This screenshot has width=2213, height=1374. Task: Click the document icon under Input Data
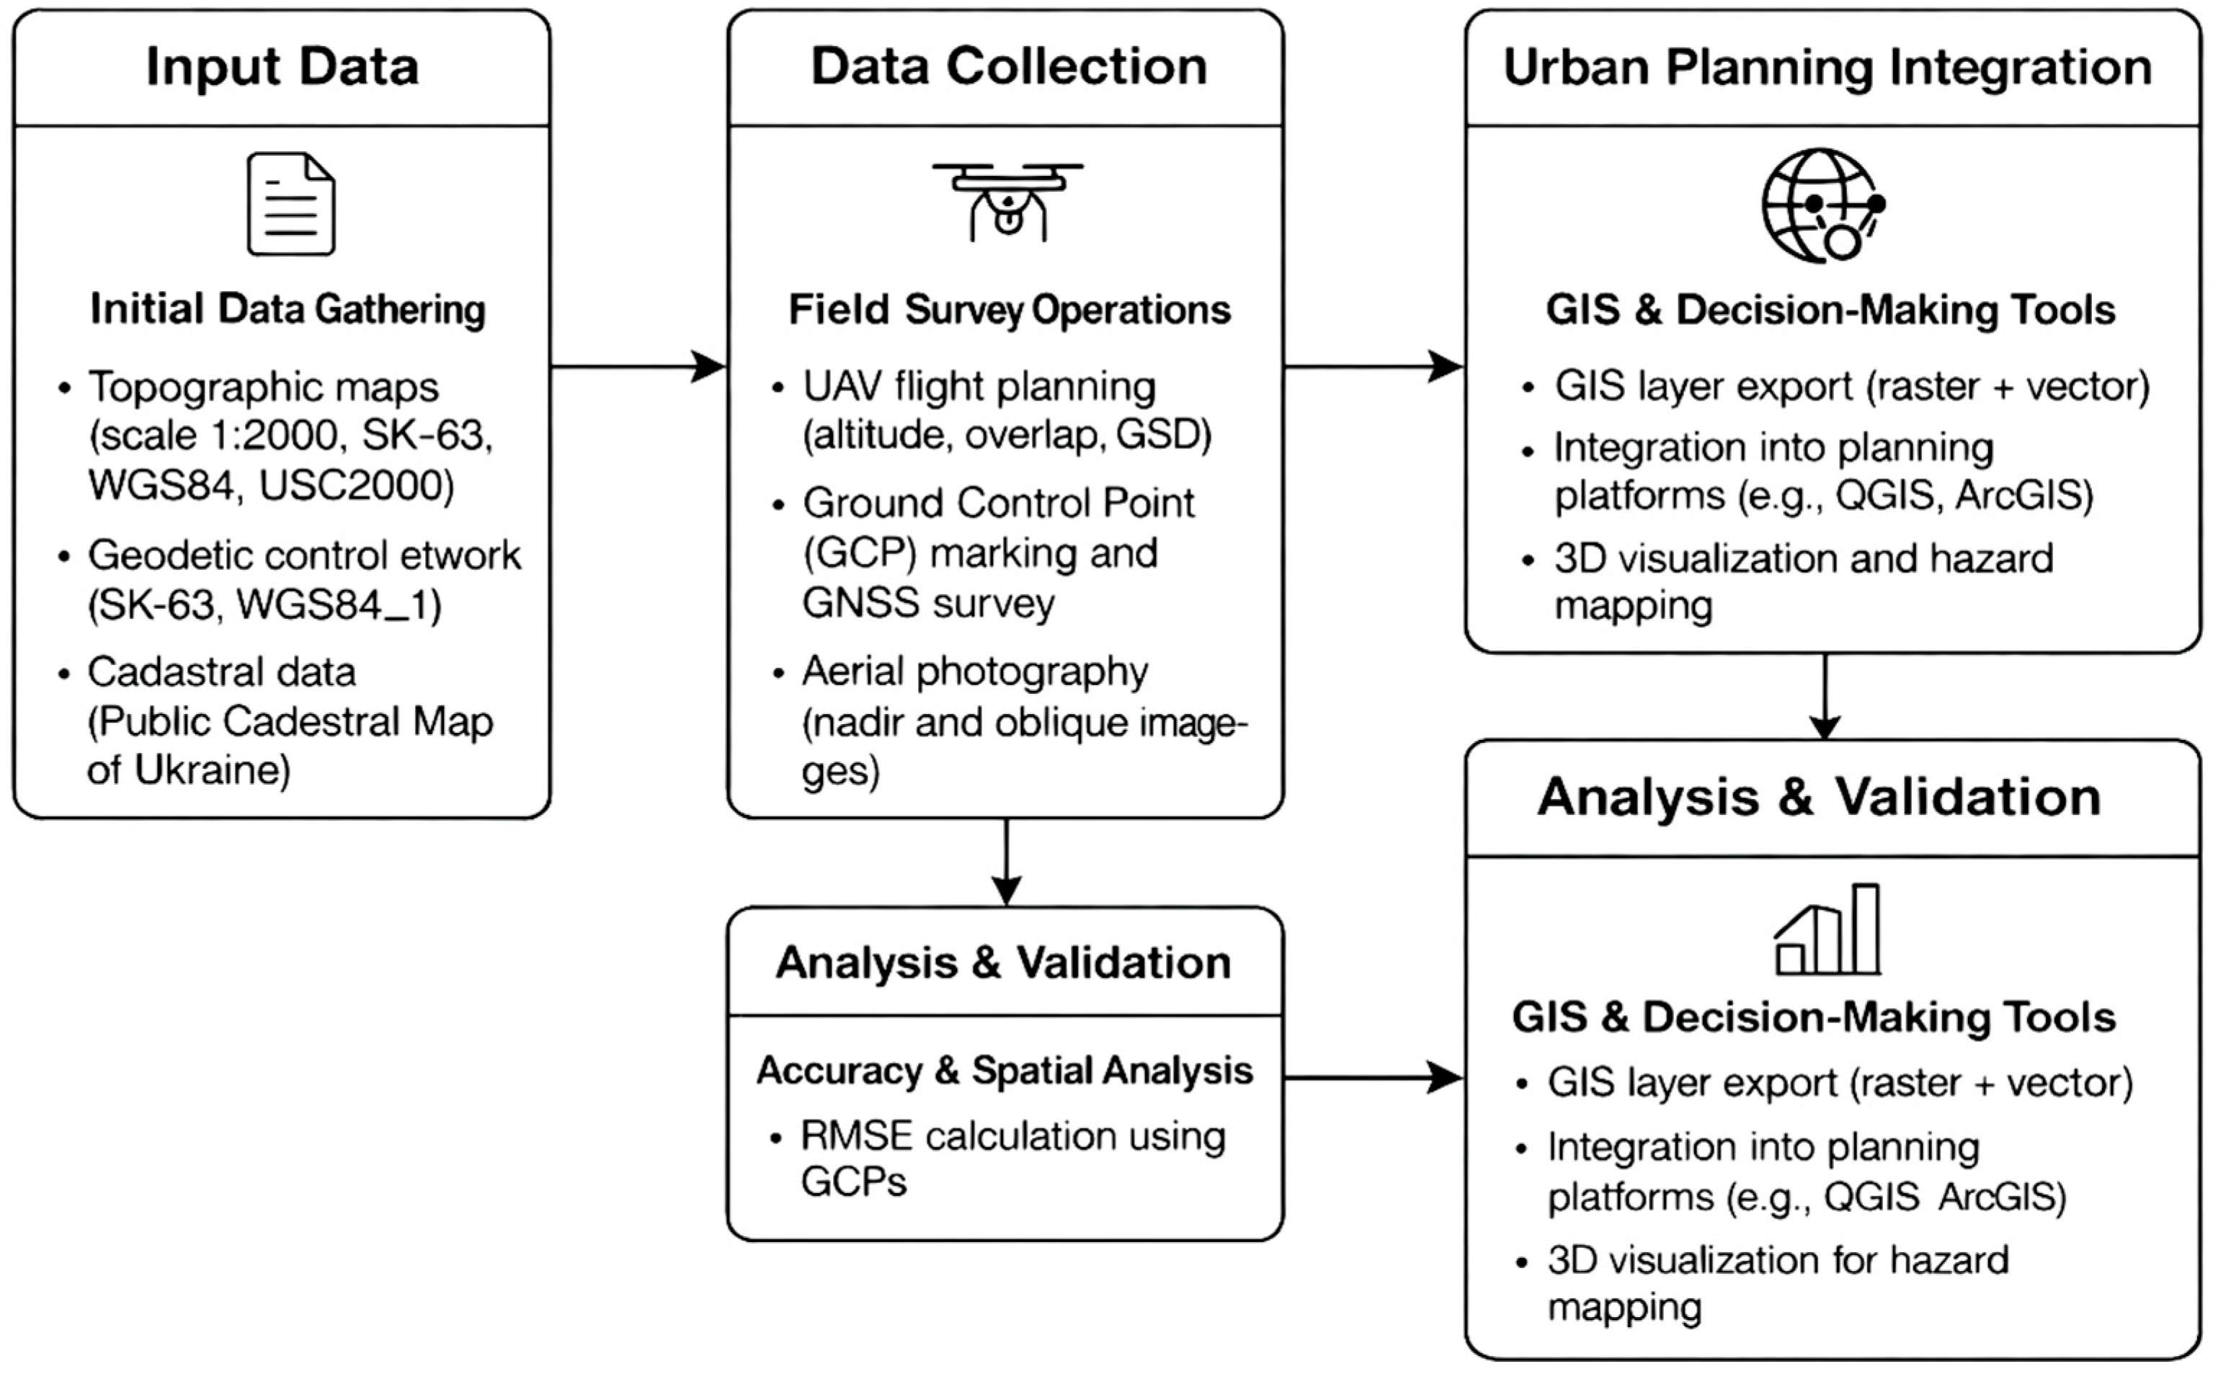point(291,204)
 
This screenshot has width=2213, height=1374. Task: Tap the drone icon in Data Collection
point(1007,202)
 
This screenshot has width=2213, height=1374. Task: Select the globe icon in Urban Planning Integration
point(1823,205)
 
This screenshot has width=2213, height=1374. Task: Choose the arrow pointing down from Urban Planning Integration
point(1825,696)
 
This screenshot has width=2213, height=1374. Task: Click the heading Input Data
point(282,67)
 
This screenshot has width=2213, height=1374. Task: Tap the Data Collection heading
point(1009,67)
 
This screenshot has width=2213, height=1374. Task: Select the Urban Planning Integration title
point(1827,67)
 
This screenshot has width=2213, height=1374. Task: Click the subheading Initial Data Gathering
point(288,309)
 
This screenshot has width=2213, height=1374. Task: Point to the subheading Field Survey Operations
point(1009,310)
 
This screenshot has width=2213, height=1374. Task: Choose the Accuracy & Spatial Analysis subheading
point(1005,1071)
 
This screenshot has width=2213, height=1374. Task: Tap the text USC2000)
point(356,486)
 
